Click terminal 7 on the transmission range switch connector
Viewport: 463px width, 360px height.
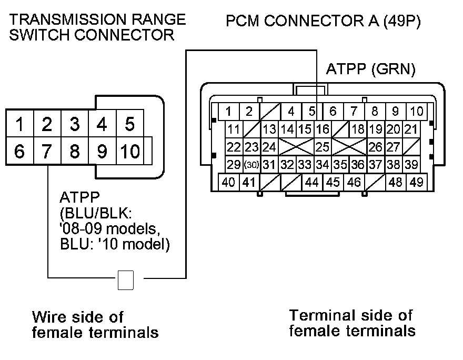coord(47,152)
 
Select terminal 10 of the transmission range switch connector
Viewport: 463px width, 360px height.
coord(129,152)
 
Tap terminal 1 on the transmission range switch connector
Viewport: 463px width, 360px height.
coord(19,125)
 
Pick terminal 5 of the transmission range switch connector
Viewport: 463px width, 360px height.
coord(129,125)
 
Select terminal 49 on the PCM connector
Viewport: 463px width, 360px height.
coord(416,183)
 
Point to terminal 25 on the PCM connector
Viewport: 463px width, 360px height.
coord(322,147)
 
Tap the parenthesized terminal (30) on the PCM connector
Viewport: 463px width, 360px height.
coord(252,165)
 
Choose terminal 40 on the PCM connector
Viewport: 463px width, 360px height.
coord(228,183)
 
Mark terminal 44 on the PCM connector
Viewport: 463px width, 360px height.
coord(312,183)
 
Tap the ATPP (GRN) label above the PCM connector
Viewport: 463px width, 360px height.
coord(371,69)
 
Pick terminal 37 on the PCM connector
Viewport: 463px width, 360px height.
coord(375,165)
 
